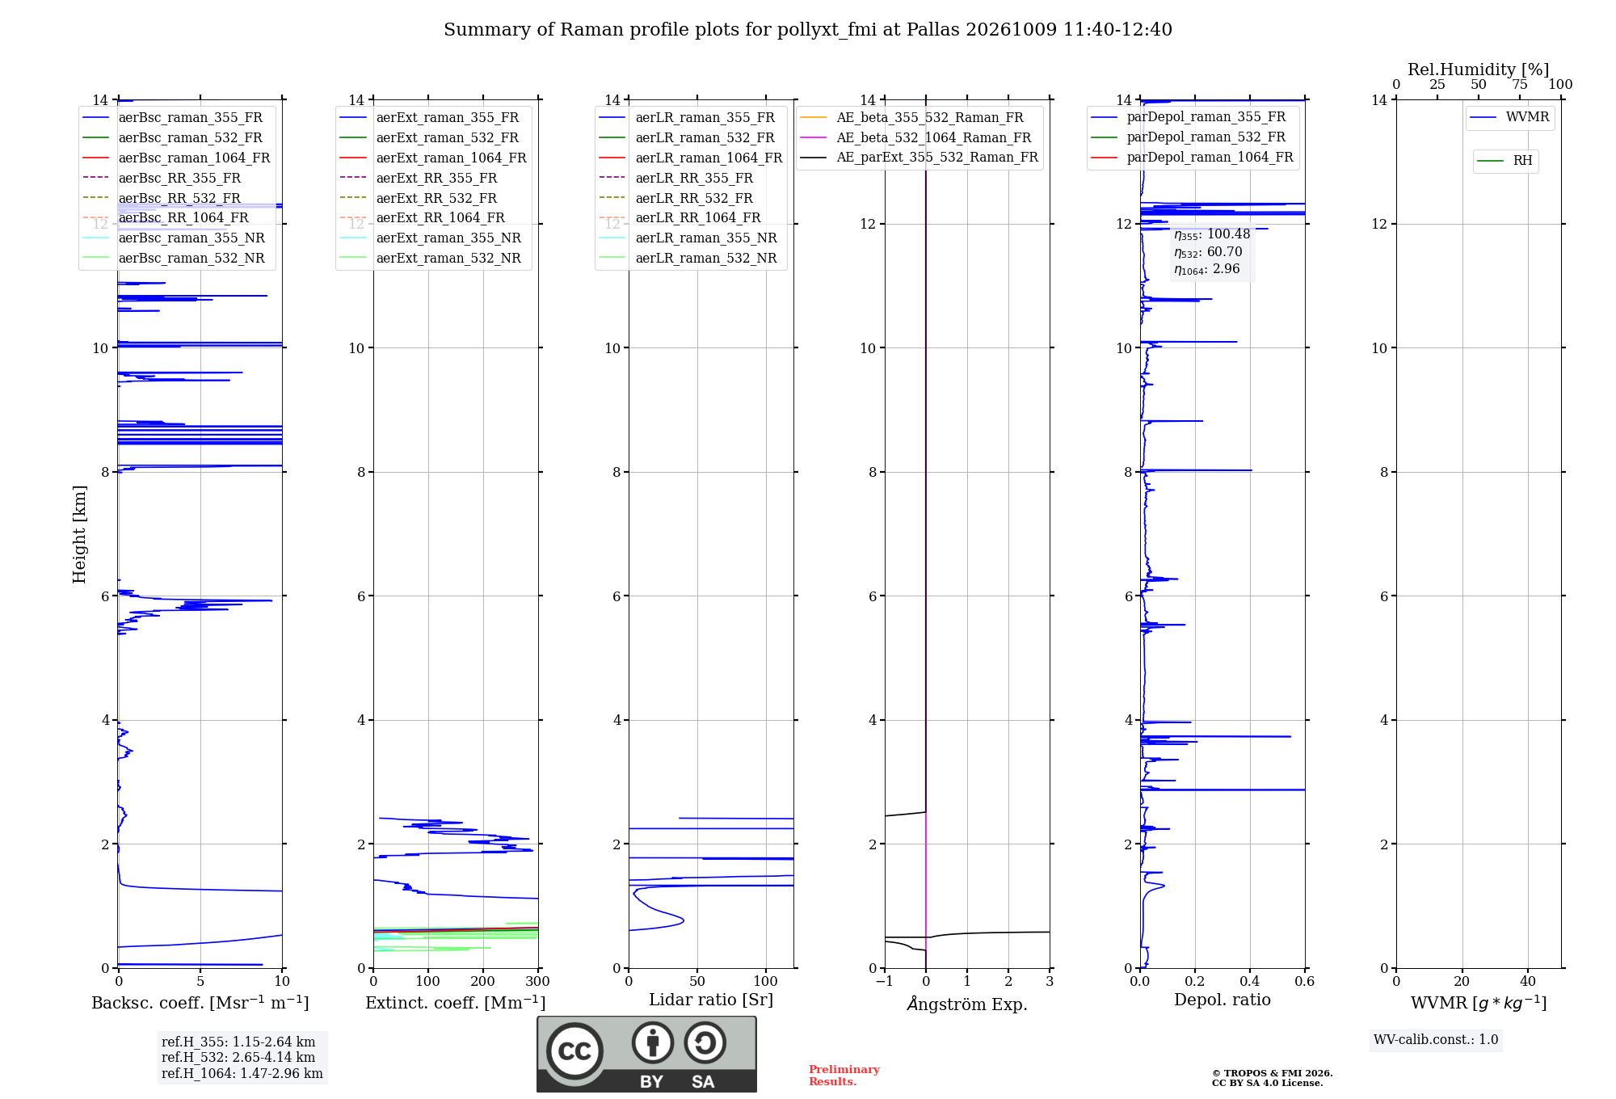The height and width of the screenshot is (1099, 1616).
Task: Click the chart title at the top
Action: tap(808, 30)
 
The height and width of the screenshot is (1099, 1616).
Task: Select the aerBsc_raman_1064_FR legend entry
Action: tap(177, 158)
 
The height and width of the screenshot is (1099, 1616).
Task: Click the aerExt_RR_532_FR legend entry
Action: tap(419, 198)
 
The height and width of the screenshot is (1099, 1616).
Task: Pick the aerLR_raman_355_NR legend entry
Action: tap(688, 238)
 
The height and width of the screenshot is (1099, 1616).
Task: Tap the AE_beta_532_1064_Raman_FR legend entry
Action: tap(916, 137)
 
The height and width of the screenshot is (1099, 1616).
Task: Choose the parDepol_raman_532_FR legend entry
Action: tap(1189, 137)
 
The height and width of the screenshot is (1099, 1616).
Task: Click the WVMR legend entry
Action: tap(1510, 117)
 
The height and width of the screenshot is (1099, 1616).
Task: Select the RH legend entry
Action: tap(1505, 161)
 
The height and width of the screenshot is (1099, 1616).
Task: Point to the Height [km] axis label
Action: tap(79, 534)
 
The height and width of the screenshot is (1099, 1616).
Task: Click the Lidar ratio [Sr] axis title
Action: tap(711, 1000)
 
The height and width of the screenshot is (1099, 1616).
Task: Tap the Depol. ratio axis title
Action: tap(1223, 1000)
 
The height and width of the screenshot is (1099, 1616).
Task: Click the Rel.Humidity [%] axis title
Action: tap(1479, 69)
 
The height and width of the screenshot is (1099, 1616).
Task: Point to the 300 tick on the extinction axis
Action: tap(538, 981)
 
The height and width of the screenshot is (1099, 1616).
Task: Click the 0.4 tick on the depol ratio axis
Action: tap(1250, 981)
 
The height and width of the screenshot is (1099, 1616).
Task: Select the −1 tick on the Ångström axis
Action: tap(885, 981)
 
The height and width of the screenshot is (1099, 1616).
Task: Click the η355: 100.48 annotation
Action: tap(1212, 234)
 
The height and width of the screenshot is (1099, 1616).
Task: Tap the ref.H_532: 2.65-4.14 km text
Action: tap(238, 1057)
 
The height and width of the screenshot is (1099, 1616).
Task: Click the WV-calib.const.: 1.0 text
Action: tap(1436, 1039)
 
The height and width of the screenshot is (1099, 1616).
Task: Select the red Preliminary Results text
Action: tap(844, 1076)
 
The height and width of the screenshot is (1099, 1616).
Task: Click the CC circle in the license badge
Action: tap(574, 1051)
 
